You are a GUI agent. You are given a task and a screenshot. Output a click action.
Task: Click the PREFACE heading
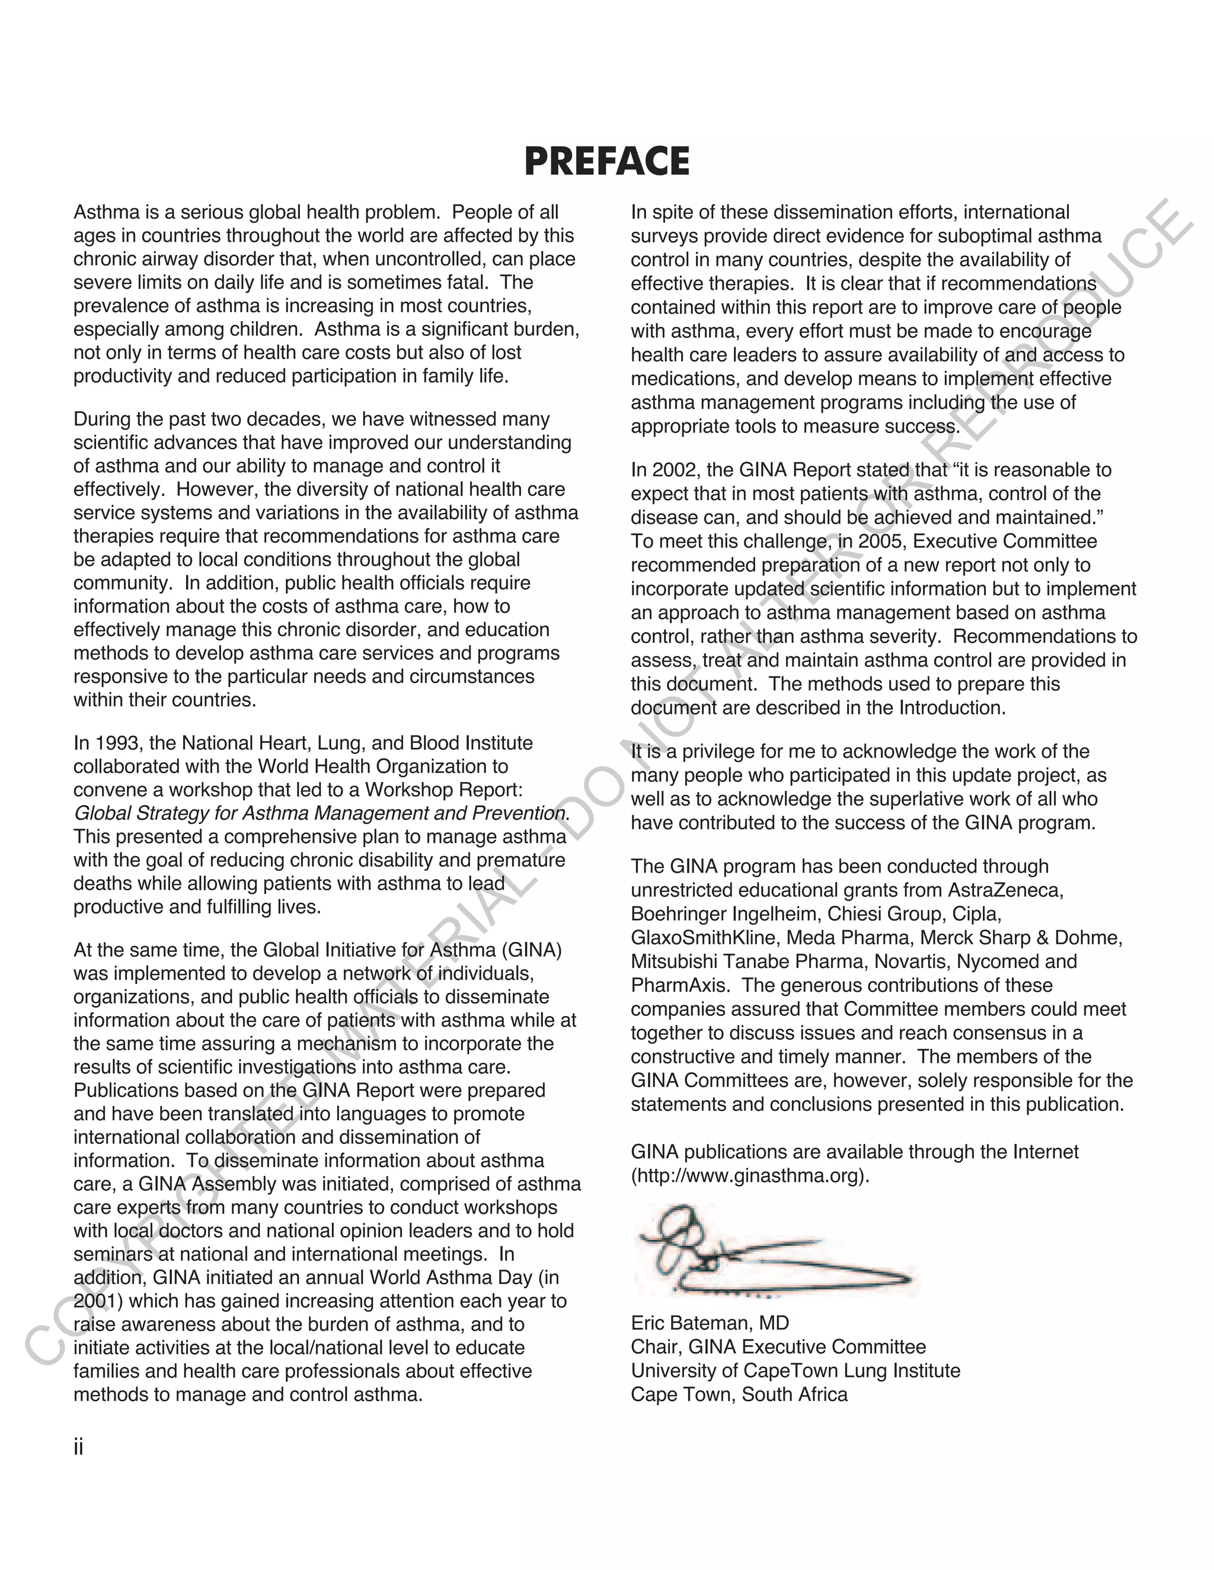pos(606,161)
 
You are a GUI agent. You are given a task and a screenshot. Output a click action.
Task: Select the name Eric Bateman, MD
pos(709,1323)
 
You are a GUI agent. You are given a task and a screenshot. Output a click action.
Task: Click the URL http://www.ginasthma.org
pos(749,1176)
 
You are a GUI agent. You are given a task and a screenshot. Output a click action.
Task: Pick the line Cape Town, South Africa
pos(739,1394)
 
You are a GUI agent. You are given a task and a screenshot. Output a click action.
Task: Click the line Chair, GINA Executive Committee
pos(778,1347)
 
